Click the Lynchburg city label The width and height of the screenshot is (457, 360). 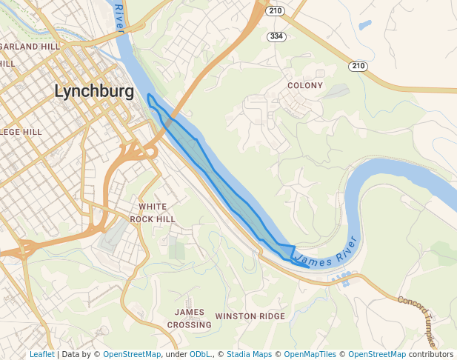click(94, 92)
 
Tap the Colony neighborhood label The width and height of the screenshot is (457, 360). click(305, 85)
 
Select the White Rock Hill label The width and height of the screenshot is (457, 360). click(153, 213)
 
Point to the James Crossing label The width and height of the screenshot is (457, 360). click(189, 319)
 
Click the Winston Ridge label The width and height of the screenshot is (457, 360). click(250, 316)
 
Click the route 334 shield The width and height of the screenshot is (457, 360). click(276, 36)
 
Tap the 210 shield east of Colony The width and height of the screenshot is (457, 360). click(358, 67)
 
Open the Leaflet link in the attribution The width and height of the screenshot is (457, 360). click(42, 354)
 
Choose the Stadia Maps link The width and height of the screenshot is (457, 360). click(248, 354)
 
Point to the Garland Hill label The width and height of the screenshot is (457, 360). click(30, 46)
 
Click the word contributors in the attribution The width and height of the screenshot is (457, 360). click(430, 354)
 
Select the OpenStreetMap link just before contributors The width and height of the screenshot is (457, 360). click(377, 354)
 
